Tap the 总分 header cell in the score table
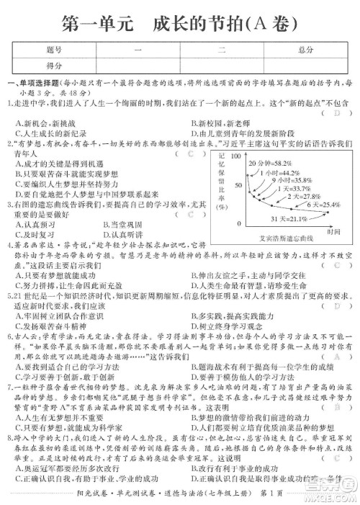[305, 50]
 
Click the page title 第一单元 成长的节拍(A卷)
[180, 23]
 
